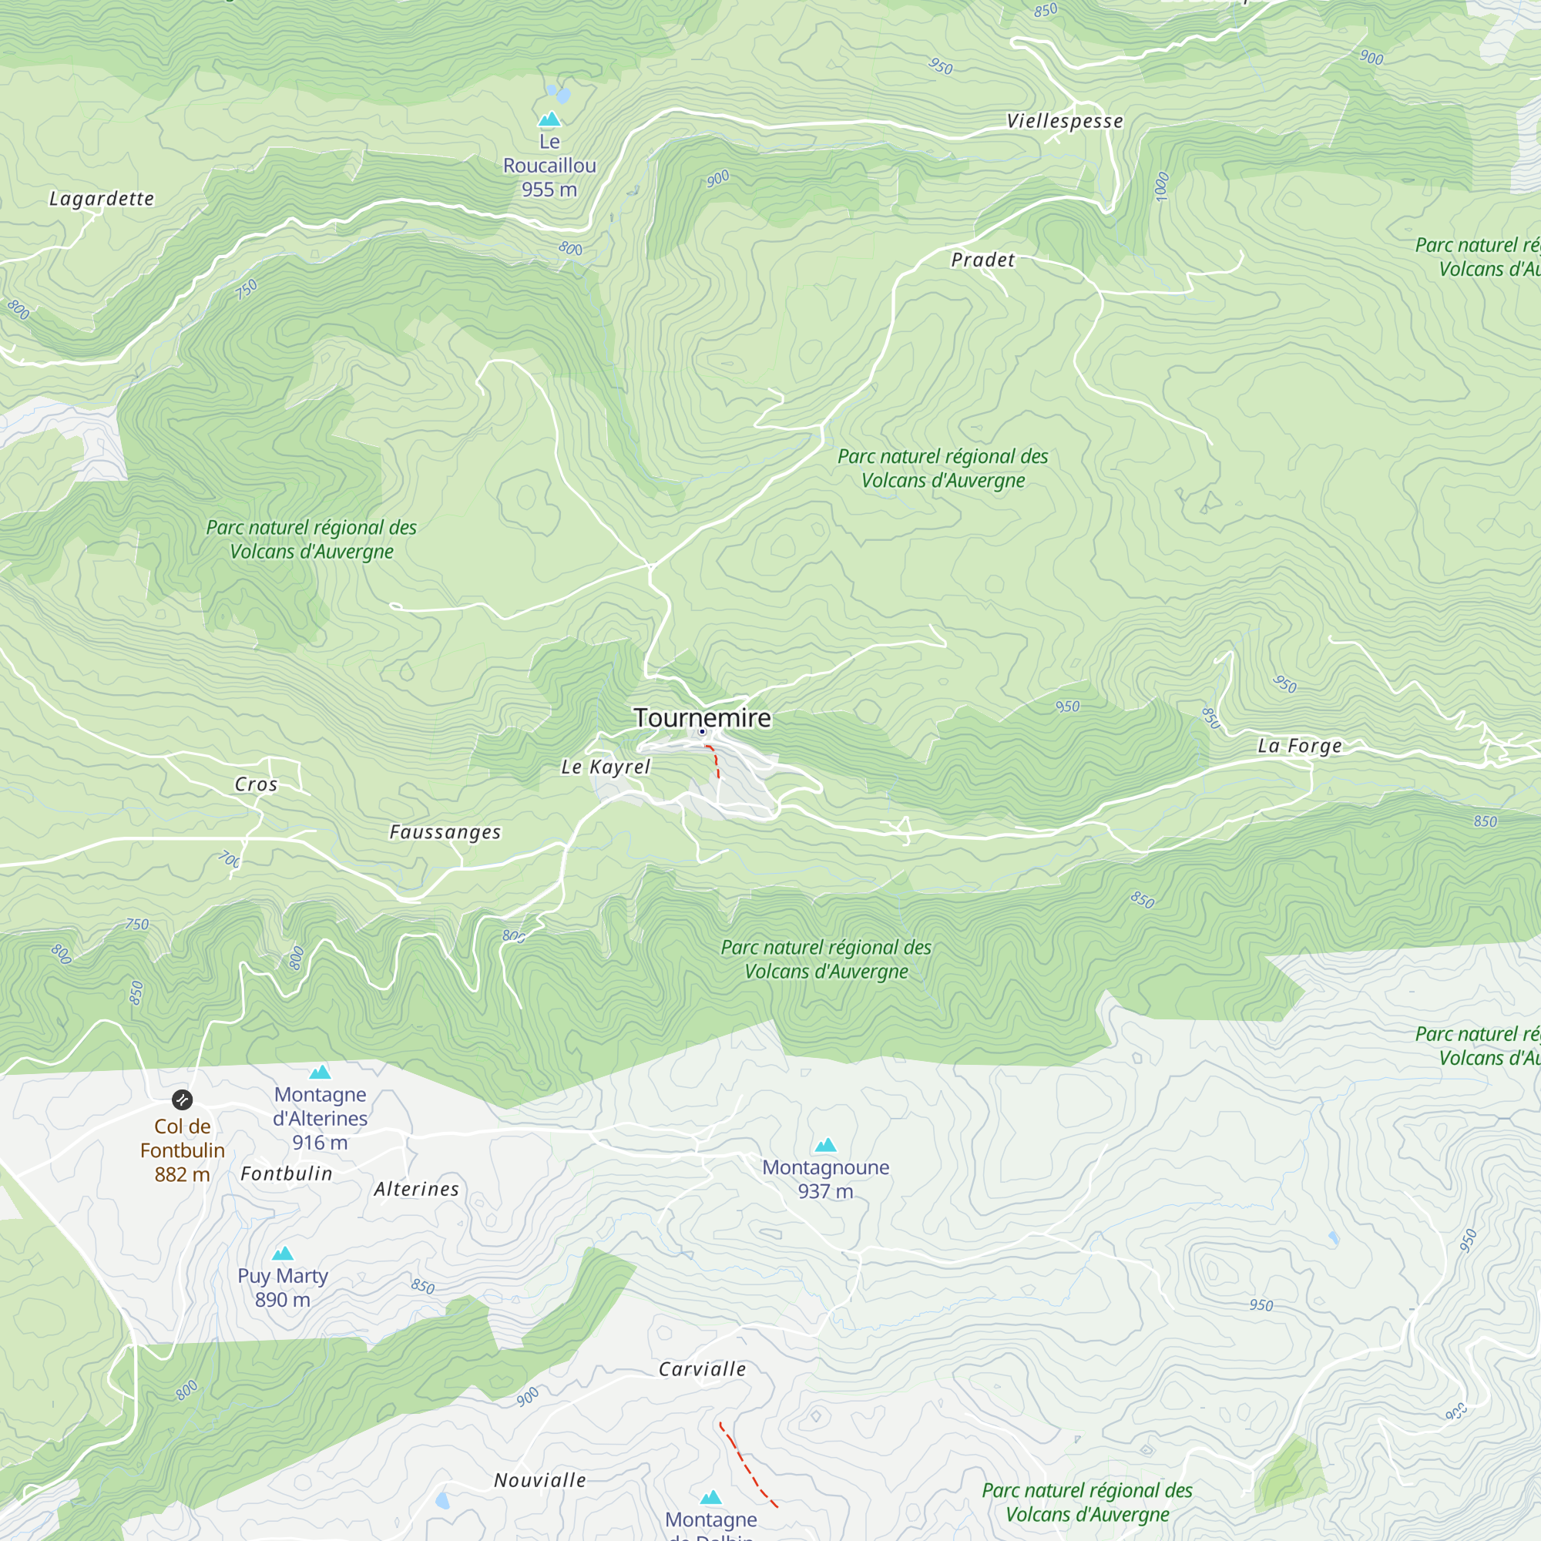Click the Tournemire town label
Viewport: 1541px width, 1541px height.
pos(702,717)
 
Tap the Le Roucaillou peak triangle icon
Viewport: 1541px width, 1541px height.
pos(549,119)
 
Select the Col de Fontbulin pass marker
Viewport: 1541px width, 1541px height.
pos(182,1100)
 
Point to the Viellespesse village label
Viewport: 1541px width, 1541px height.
pos(1064,121)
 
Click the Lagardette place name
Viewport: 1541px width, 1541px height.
pos(101,199)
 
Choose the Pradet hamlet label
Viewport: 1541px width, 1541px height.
pos(982,260)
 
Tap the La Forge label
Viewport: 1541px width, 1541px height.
pos(1299,746)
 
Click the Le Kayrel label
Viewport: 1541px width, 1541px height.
pos(606,767)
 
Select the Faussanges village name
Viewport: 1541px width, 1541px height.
pos(445,832)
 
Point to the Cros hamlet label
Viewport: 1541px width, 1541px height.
pos(256,784)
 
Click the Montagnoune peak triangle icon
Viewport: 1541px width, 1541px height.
pos(825,1146)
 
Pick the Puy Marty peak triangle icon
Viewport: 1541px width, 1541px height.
pos(283,1253)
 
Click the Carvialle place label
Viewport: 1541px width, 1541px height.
pos(702,1368)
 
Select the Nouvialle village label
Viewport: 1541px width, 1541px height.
pos(540,1479)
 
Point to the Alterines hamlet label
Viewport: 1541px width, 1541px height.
pos(416,1189)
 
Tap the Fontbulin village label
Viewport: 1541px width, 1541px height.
pos(287,1173)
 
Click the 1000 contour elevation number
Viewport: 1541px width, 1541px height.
pos(1162,186)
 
